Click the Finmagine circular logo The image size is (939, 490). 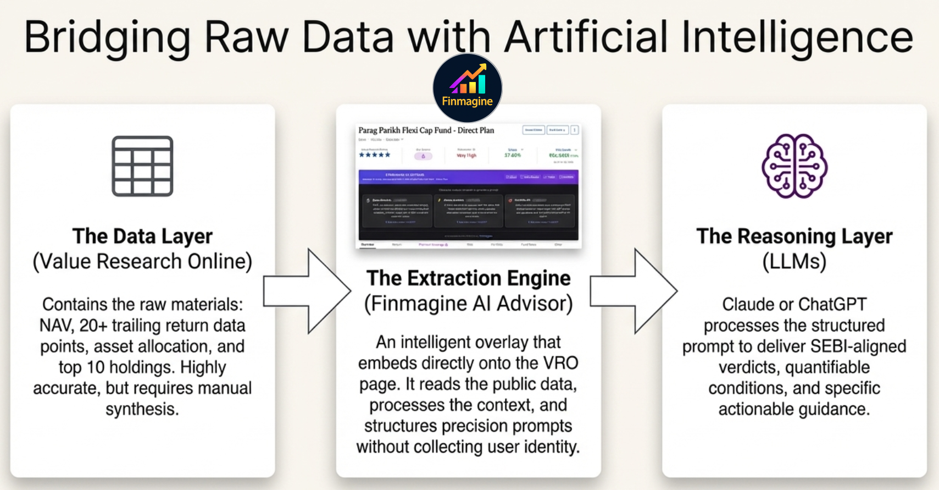coord(467,88)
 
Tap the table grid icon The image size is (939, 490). coord(142,166)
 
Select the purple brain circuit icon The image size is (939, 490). coord(794,166)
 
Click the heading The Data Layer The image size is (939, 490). coord(142,236)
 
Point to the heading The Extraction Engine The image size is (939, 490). coord(468,278)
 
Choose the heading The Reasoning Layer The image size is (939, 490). coord(794,236)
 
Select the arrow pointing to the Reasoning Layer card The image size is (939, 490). coord(634,291)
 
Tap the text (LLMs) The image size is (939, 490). coord(794,261)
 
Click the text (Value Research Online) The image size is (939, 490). coord(142,261)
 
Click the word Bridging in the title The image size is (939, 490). coord(108,37)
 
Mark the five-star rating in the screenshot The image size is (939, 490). coord(374,155)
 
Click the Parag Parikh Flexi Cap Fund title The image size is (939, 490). coord(426,130)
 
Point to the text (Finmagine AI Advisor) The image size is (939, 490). coord(468,304)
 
